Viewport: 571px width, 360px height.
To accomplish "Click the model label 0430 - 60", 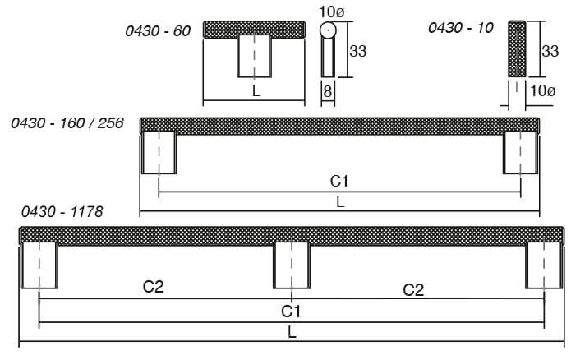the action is [x=158, y=31].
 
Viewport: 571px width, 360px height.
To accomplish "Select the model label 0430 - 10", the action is [x=461, y=28].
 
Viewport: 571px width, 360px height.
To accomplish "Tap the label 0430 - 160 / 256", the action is [x=67, y=123].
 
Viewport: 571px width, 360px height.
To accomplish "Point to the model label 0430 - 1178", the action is [x=62, y=212].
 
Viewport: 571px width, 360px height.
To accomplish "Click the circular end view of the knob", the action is [x=328, y=30].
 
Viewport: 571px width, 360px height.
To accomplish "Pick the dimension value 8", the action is [x=328, y=91].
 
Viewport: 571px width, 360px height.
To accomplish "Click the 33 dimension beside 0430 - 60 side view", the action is [x=358, y=51].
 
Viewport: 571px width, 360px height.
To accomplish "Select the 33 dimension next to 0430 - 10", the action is [x=550, y=51].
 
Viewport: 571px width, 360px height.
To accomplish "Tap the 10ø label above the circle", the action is [x=331, y=12].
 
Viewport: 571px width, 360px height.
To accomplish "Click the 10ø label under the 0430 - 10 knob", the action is [x=542, y=90].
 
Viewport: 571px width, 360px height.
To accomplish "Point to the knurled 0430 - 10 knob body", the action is [x=517, y=48].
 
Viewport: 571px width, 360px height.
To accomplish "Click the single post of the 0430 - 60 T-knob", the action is [x=254, y=56].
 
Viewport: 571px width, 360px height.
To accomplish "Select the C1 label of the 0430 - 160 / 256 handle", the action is [x=339, y=181].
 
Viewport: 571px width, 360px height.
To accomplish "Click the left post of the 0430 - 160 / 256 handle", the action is [x=159, y=153].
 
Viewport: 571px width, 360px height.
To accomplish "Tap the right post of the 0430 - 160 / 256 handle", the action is [x=520, y=153].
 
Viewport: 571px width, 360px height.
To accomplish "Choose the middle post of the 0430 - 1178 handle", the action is [x=292, y=265].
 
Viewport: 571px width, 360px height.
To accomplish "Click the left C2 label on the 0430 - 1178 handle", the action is [x=154, y=287].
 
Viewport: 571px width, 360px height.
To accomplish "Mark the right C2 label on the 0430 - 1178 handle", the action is [x=413, y=290].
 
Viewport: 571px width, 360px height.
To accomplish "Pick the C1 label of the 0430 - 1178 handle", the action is [x=291, y=312].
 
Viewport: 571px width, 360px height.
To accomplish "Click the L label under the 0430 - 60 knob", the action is [x=256, y=90].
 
